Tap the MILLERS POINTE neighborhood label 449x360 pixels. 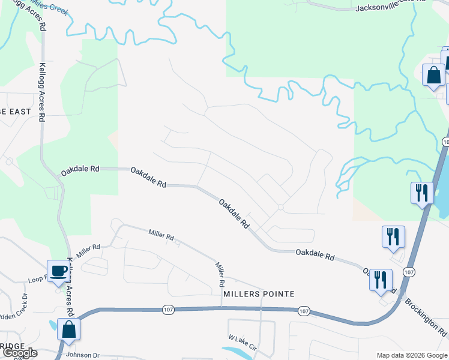point(259,294)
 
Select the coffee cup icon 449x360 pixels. point(59,271)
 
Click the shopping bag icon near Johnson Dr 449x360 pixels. point(69,330)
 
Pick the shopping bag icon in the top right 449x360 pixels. point(433,76)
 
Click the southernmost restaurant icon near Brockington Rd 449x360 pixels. point(381,280)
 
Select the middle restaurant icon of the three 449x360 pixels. point(393,236)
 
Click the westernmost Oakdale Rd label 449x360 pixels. point(80,170)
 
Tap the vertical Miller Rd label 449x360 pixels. point(219,274)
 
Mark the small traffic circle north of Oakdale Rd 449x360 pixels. point(281,207)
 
